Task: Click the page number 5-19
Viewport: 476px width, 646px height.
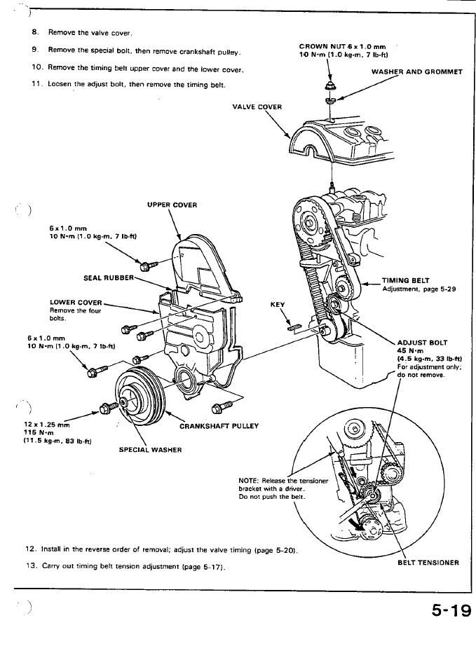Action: tap(441, 612)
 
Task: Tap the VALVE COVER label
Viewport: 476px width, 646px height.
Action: tap(257, 107)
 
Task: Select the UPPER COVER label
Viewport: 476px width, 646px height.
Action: tap(172, 205)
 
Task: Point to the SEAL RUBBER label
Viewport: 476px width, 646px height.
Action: tap(108, 277)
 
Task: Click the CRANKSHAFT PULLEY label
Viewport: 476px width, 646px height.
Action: tap(219, 426)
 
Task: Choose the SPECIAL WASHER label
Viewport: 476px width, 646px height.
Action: tap(150, 450)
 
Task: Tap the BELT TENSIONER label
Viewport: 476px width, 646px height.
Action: tap(428, 562)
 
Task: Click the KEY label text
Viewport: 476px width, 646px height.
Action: tap(277, 305)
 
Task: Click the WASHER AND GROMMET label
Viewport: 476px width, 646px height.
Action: tap(416, 71)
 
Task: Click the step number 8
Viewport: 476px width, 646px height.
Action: tap(34, 32)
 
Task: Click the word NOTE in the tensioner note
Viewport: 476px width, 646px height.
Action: tap(250, 480)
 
